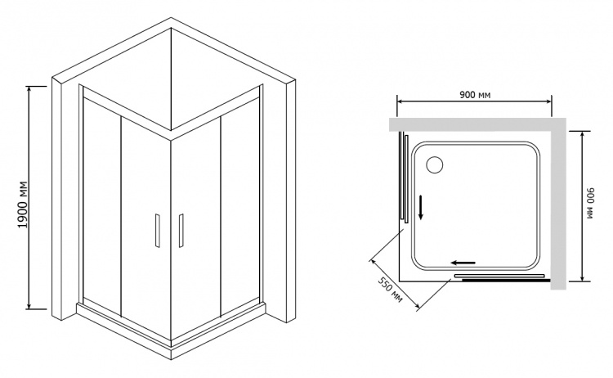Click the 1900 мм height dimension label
[x=24, y=205]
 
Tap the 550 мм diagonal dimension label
[x=390, y=290]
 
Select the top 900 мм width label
[x=475, y=95]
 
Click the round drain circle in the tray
[x=434, y=164]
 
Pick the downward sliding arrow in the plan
[x=421, y=207]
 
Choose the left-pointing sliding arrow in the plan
[x=463, y=263]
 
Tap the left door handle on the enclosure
[x=158, y=231]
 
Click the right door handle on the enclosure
[x=181, y=231]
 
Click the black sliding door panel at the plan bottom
[x=506, y=280]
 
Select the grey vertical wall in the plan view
[x=559, y=204]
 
